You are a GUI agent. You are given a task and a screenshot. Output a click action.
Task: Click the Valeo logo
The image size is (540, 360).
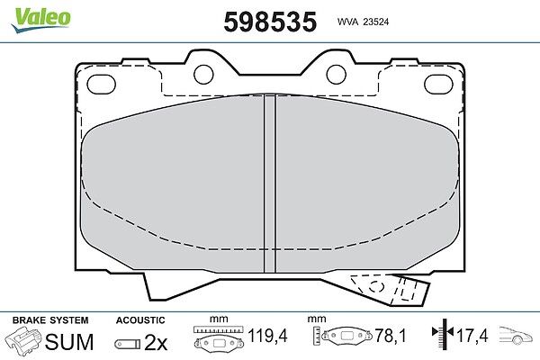coord(40,20)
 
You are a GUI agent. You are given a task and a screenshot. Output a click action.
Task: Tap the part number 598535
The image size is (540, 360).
coord(270,22)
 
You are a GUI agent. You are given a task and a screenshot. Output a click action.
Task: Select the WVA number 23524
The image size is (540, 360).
coord(376,22)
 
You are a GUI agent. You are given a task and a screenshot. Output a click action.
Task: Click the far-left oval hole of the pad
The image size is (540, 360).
coord(101,85)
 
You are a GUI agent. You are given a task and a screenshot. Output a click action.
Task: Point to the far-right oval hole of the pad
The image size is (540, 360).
coord(438,85)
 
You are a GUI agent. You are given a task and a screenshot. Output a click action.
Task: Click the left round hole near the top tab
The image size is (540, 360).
coord(203,75)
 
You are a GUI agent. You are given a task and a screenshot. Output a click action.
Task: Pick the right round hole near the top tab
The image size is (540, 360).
coord(336,75)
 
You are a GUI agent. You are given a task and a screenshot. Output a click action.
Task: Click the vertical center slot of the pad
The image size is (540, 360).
coord(270,184)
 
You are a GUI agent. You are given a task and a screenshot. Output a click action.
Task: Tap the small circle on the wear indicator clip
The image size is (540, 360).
coord(377,286)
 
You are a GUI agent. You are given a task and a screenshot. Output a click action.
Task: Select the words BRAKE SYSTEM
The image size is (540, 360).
coord(50,320)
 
